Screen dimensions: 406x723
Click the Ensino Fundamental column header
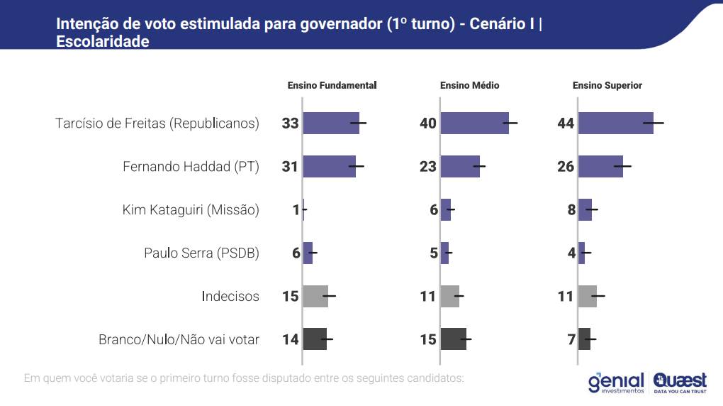coord(332,85)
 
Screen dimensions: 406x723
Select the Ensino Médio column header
coord(469,85)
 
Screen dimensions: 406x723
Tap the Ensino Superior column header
coord(607,85)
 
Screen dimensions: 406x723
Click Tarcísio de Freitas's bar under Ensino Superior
coord(615,123)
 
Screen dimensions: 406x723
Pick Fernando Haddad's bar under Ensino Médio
coord(460,167)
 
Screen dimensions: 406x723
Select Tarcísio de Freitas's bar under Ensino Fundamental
coord(331,123)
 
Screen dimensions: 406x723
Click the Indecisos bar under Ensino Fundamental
coord(315,296)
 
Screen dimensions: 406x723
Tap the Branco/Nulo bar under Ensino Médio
coord(454,339)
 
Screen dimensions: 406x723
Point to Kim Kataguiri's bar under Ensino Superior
coord(585,210)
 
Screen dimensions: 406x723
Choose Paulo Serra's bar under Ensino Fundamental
coord(308,253)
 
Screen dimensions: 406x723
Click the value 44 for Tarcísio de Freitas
coord(566,124)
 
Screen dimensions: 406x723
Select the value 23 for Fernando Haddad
coord(428,167)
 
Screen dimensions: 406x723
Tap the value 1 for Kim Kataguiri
coord(296,210)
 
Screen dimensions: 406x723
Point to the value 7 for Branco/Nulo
coord(571,339)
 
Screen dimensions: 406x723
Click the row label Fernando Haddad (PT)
coord(191,167)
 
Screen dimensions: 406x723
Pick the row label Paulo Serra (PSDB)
coord(201,253)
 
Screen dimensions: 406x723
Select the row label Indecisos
coord(230,296)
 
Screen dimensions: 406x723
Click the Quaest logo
coord(680,383)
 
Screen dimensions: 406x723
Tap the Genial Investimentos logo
coord(616,383)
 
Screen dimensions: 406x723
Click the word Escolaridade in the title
coord(103,42)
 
